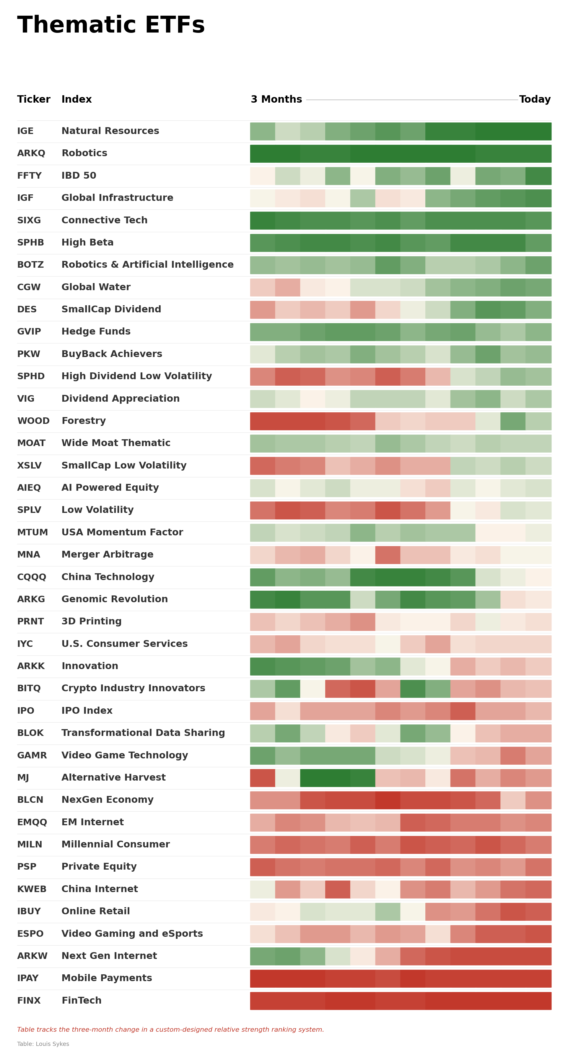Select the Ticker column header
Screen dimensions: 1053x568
(x=33, y=99)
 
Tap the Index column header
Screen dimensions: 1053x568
(x=77, y=99)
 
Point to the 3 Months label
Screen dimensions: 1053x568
(x=276, y=99)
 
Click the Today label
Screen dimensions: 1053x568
(x=535, y=99)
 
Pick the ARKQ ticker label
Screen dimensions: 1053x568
(x=31, y=153)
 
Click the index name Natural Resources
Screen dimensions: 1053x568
(x=110, y=131)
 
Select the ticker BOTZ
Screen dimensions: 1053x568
(x=30, y=265)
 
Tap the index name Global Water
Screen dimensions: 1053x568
(x=96, y=287)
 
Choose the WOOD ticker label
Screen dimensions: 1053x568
(x=33, y=421)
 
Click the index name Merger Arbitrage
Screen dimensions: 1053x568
(x=108, y=554)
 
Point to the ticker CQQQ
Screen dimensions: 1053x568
(x=31, y=577)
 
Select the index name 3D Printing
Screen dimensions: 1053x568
(x=92, y=621)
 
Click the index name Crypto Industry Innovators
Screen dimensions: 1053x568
(x=133, y=688)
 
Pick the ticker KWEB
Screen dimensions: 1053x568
(x=31, y=889)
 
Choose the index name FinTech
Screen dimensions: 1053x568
(x=81, y=1000)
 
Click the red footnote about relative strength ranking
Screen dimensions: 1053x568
(x=170, y=1029)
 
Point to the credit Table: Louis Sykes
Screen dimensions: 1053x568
(x=43, y=1044)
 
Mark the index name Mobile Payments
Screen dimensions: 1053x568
(x=107, y=978)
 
